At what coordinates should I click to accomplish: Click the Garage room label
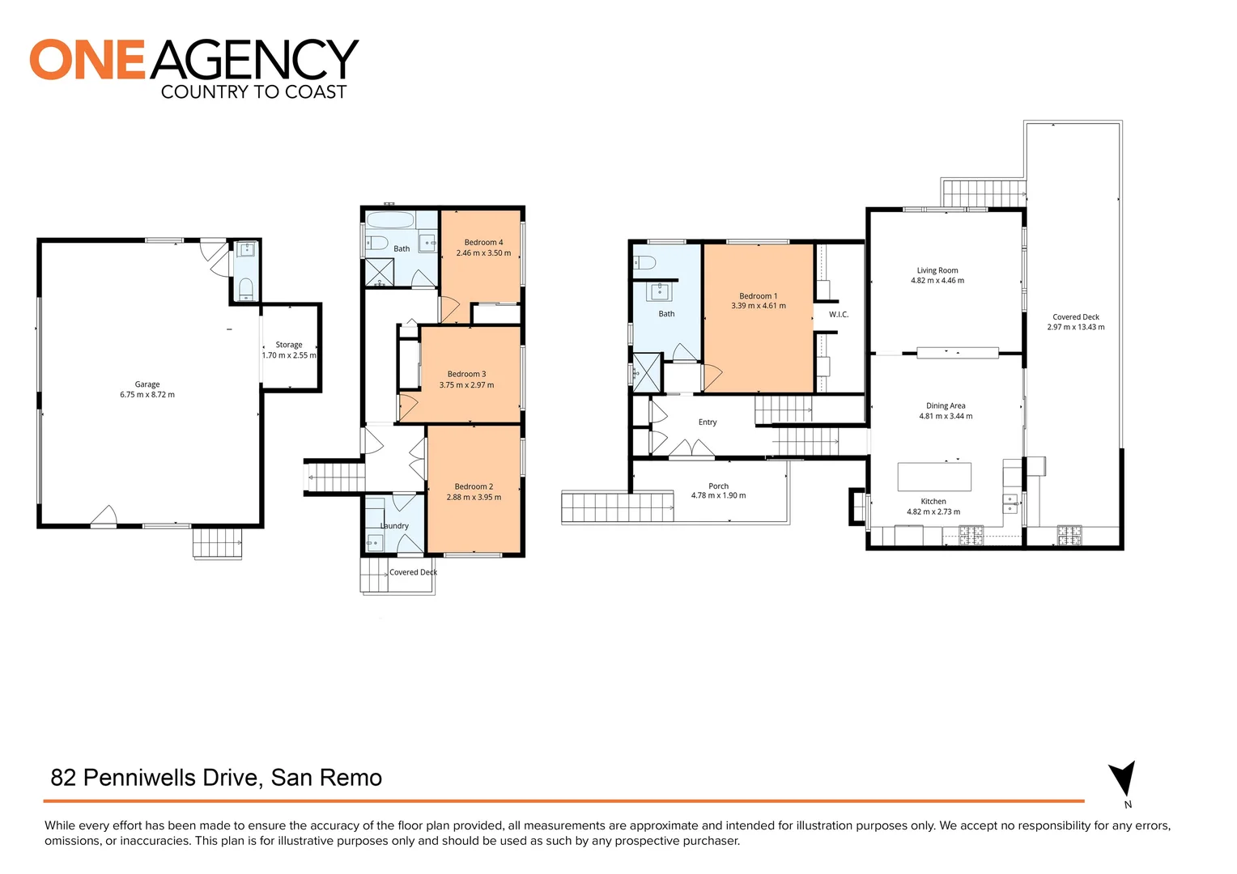[147, 384]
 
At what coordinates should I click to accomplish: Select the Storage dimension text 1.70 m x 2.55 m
[289, 355]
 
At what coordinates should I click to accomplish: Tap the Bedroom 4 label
[483, 243]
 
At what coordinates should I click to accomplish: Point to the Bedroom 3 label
[466, 375]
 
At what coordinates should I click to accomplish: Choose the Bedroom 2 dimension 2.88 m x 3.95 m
[474, 497]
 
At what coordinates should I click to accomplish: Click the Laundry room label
[394, 526]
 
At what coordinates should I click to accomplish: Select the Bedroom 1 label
[759, 296]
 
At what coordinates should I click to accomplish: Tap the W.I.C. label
[838, 314]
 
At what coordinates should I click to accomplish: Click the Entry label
[708, 422]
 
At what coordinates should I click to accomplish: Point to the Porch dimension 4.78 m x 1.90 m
[718, 495]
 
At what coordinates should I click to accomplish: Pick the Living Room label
[937, 270]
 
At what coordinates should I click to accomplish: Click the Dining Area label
[946, 405]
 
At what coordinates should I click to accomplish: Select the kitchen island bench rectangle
[934, 477]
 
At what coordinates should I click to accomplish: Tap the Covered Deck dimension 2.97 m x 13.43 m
[1076, 327]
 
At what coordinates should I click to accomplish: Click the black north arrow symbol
[1123, 778]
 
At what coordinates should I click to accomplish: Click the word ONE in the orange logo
[87, 59]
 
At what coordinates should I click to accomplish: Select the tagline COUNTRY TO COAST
[253, 91]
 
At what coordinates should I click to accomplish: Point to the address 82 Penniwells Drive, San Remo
[216, 778]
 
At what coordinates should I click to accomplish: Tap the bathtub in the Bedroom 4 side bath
[390, 219]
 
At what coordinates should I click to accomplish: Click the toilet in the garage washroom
[246, 289]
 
